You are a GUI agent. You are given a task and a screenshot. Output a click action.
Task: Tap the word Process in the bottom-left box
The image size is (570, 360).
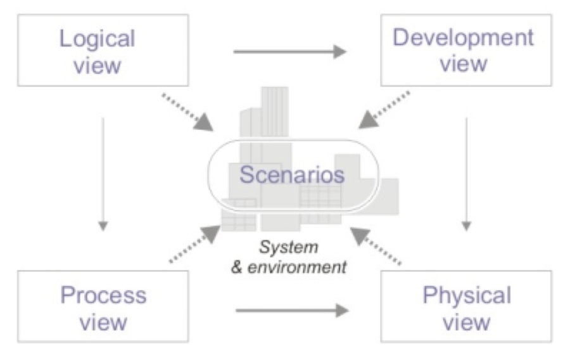coord(103,295)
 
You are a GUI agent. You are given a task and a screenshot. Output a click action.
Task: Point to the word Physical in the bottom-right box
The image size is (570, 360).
coord(467,295)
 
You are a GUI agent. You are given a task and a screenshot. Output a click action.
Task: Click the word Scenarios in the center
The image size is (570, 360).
coord(292,174)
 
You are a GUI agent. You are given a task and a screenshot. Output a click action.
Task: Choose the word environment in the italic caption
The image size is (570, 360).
coord(297,267)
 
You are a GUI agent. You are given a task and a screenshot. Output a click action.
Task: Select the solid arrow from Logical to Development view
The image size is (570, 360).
coord(289,51)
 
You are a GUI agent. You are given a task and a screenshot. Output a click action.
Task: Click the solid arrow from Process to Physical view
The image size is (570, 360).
coord(291,310)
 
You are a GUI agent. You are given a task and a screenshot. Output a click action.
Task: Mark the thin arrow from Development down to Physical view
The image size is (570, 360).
coord(467,171)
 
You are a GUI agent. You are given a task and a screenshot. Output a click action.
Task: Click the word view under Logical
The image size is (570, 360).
coord(97,65)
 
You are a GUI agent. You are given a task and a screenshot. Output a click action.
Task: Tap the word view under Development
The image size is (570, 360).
coord(464,63)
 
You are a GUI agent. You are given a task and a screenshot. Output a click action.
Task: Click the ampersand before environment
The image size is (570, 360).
coord(237,267)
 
